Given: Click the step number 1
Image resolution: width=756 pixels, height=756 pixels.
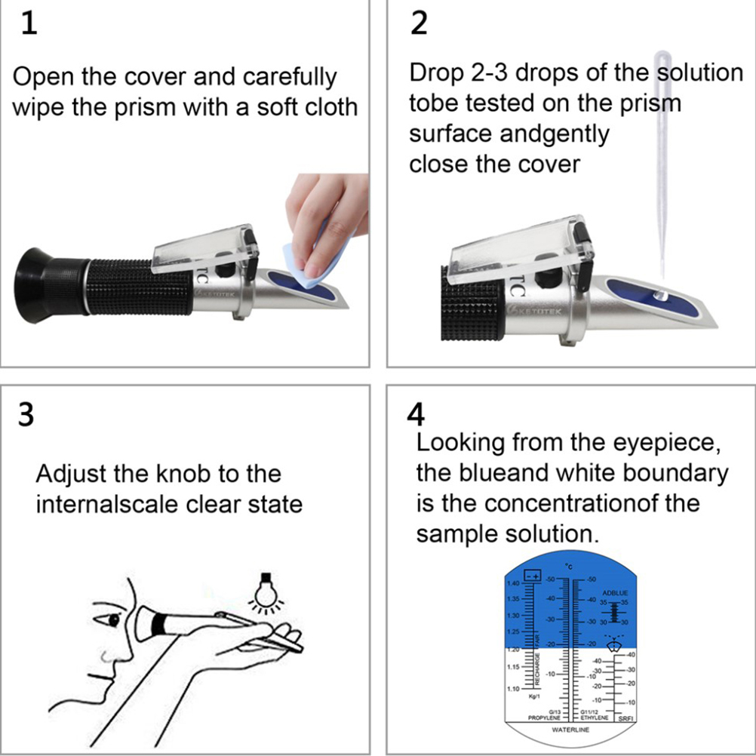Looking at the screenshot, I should pos(28,24).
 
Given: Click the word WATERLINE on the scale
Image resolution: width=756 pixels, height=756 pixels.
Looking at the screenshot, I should pos(570,730).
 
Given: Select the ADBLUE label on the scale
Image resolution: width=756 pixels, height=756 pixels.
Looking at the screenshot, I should pos(615,593).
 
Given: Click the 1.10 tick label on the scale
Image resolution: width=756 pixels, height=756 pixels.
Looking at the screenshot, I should pos(513,689).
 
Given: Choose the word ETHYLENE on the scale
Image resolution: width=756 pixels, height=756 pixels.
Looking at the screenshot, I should pos(594,718).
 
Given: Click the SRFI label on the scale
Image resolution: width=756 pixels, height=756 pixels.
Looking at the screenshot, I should pos(625,718).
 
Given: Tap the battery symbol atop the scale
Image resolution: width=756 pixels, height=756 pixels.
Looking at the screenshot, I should pos(533,576).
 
